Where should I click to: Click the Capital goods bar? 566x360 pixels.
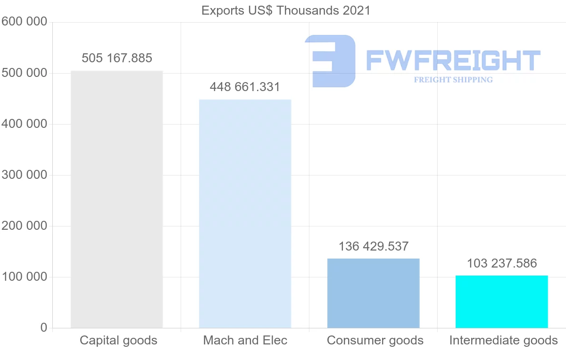[117, 199]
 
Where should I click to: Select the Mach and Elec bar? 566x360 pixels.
[245, 213]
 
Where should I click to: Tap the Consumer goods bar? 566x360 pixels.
[373, 293]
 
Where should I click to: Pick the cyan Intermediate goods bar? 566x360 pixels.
[501, 301]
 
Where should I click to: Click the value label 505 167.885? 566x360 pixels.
[117, 58]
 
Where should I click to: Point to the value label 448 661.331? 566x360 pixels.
[245, 87]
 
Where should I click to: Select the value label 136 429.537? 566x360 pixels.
[374, 246]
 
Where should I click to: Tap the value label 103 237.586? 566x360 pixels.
[502, 263]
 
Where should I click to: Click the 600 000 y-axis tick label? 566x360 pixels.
[24, 22]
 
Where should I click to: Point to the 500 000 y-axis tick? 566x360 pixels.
[24, 73]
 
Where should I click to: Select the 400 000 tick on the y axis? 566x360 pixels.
[24, 124]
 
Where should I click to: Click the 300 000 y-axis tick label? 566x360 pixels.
[24, 175]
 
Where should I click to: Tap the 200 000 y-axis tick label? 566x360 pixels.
[24, 226]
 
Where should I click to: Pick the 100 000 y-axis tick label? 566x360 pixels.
[24, 277]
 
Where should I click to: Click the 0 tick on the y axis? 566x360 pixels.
[44, 327]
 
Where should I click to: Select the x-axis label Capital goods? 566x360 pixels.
[118, 340]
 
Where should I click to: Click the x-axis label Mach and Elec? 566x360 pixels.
[245, 340]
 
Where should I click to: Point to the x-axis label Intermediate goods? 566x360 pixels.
[503, 340]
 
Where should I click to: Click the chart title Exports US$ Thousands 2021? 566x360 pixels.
[286, 10]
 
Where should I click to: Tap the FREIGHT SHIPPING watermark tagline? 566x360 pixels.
[453, 80]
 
